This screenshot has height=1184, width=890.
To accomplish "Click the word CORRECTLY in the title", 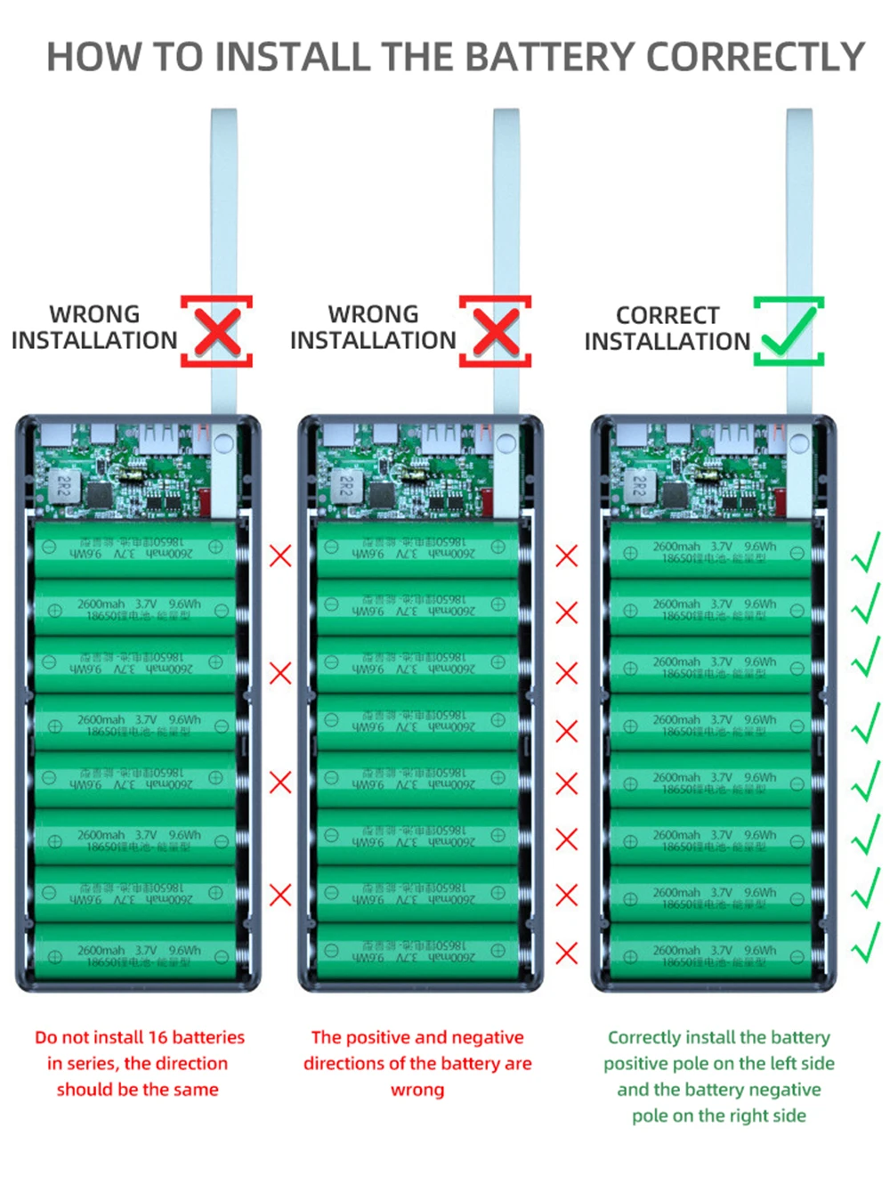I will [x=755, y=56].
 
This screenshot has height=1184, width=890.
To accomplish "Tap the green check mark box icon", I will [x=789, y=331].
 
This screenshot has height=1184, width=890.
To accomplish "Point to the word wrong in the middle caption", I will [x=417, y=1090].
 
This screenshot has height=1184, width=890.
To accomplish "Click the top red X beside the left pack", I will [x=280, y=556].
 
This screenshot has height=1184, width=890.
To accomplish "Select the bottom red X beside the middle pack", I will [x=566, y=953].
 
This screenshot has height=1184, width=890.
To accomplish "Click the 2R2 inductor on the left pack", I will [x=64, y=486].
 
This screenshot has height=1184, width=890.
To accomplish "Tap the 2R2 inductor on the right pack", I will [x=639, y=486].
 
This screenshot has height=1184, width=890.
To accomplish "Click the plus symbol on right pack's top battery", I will [x=630, y=553].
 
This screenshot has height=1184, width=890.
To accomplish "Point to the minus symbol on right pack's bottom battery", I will [x=797, y=957].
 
